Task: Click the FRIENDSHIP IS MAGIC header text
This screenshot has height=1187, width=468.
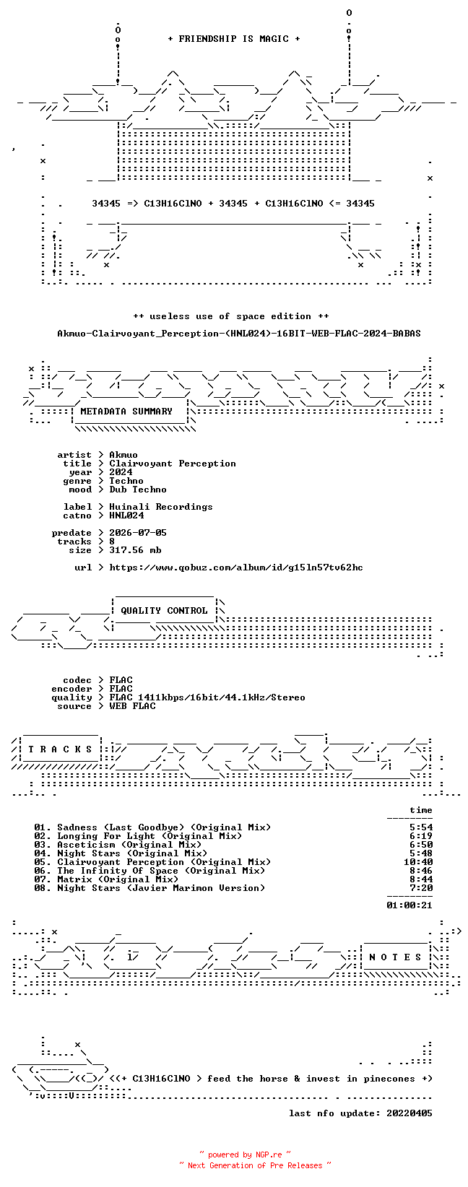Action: tap(234, 39)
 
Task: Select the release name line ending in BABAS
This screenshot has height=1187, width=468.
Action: tap(239, 334)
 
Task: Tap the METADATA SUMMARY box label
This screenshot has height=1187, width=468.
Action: tap(126, 412)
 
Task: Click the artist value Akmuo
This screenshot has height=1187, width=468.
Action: tap(123, 455)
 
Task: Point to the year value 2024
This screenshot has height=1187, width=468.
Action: tap(121, 472)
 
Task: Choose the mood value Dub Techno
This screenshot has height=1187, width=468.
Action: tap(138, 490)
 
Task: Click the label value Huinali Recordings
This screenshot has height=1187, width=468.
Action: tap(160, 507)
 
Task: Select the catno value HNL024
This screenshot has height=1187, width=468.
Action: tap(126, 515)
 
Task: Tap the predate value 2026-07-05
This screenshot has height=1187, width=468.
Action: tap(138, 533)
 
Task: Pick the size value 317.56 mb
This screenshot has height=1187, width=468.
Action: tap(135, 550)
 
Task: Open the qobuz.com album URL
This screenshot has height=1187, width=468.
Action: tap(236, 568)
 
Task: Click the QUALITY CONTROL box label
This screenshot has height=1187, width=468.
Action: tap(164, 610)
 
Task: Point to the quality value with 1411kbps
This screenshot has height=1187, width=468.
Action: tap(207, 697)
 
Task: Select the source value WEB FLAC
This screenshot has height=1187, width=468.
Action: tap(132, 706)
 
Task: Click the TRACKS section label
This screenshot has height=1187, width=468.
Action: tap(60, 749)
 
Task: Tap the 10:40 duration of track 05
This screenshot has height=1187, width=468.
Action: tap(418, 862)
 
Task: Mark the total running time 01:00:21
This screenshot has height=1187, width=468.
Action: tap(409, 905)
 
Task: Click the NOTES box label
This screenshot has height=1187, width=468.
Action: tap(395, 957)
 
